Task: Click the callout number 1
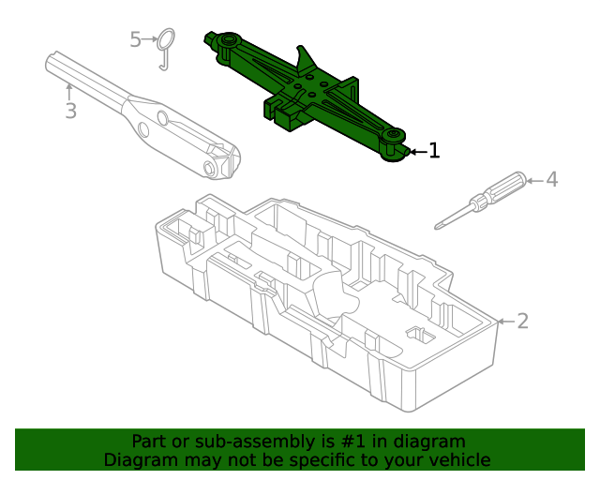point(433,150)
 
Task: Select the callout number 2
point(523,322)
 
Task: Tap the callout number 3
point(70,112)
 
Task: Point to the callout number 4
point(551,178)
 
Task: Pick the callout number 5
point(135,39)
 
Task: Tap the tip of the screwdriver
point(439,225)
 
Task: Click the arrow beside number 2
point(504,322)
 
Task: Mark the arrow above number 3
point(69,91)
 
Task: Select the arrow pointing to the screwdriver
point(534,178)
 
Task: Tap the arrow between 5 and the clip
point(149,39)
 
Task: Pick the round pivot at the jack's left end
point(225,40)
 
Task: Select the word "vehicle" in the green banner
point(457,460)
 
